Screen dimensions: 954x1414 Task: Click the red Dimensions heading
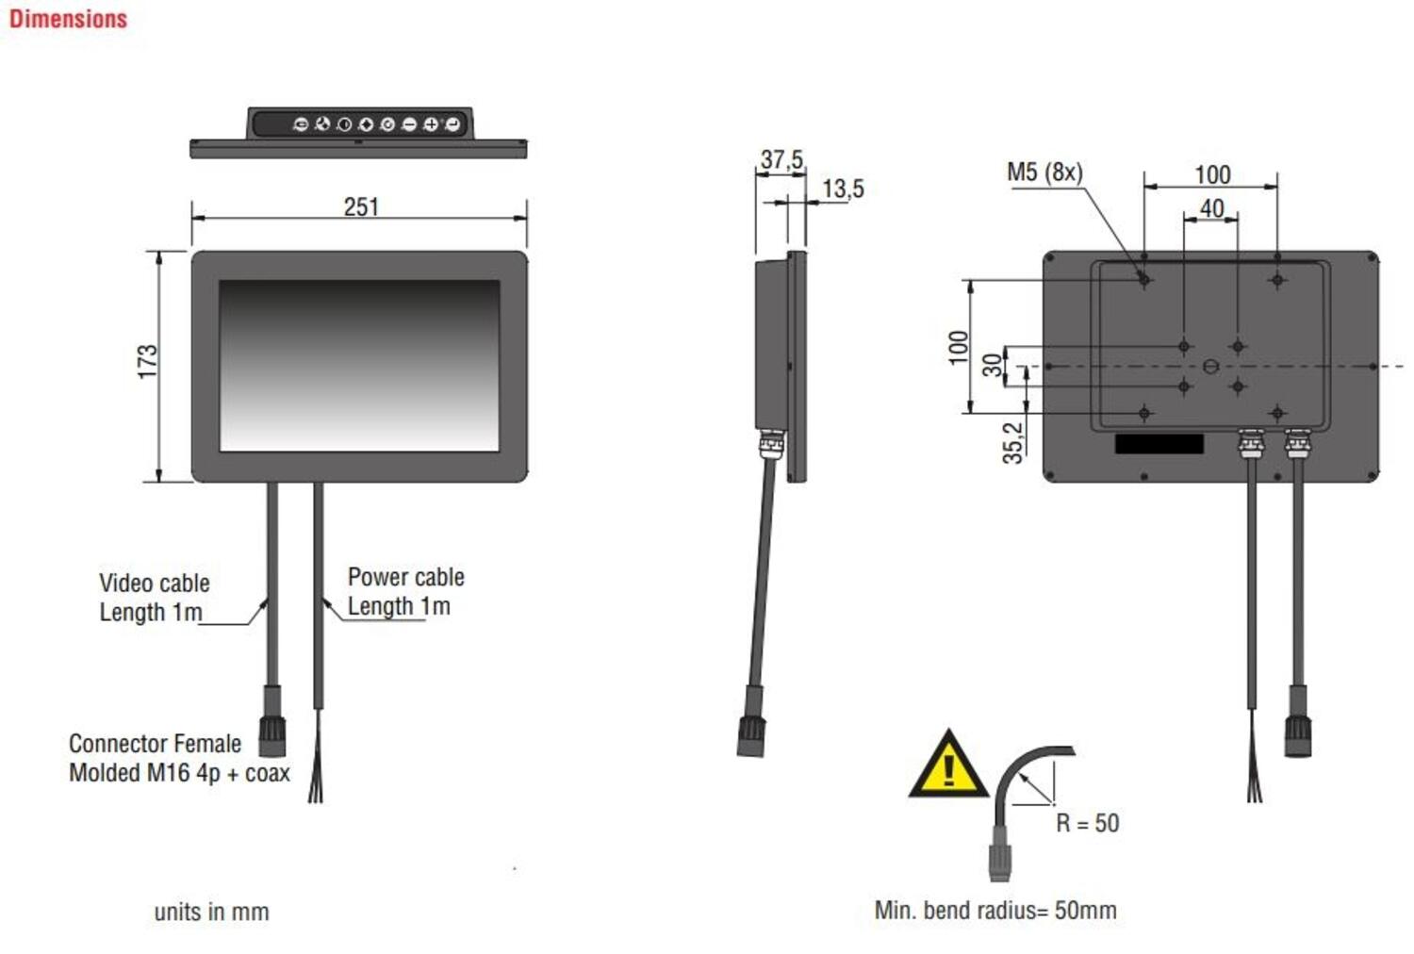[x=68, y=19]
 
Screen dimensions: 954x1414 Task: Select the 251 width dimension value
[x=360, y=206]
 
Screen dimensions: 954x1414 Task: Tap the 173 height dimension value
[x=147, y=362]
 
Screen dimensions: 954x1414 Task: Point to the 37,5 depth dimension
[x=781, y=159]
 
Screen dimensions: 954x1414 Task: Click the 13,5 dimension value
[x=842, y=189]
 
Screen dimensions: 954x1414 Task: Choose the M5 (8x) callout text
[x=1044, y=173]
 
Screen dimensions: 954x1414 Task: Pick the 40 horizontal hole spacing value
[x=1211, y=208]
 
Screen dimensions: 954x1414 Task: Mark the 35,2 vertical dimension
[x=1012, y=442]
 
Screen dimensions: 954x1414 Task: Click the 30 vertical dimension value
[x=992, y=366]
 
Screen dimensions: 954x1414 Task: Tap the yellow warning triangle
[x=948, y=767]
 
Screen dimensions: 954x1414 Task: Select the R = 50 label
[x=1087, y=823]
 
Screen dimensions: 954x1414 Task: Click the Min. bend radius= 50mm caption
[x=995, y=911]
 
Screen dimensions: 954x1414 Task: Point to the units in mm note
[x=211, y=913]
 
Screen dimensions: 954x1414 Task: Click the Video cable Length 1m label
[x=154, y=598]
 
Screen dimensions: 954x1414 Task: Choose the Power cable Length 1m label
[x=404, y=591]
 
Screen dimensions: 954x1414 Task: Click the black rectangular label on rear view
[x=1159, y=444]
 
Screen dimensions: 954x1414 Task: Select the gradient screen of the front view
[x=359, y=365]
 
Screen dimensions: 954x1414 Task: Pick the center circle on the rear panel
[x=1210, y=367]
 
